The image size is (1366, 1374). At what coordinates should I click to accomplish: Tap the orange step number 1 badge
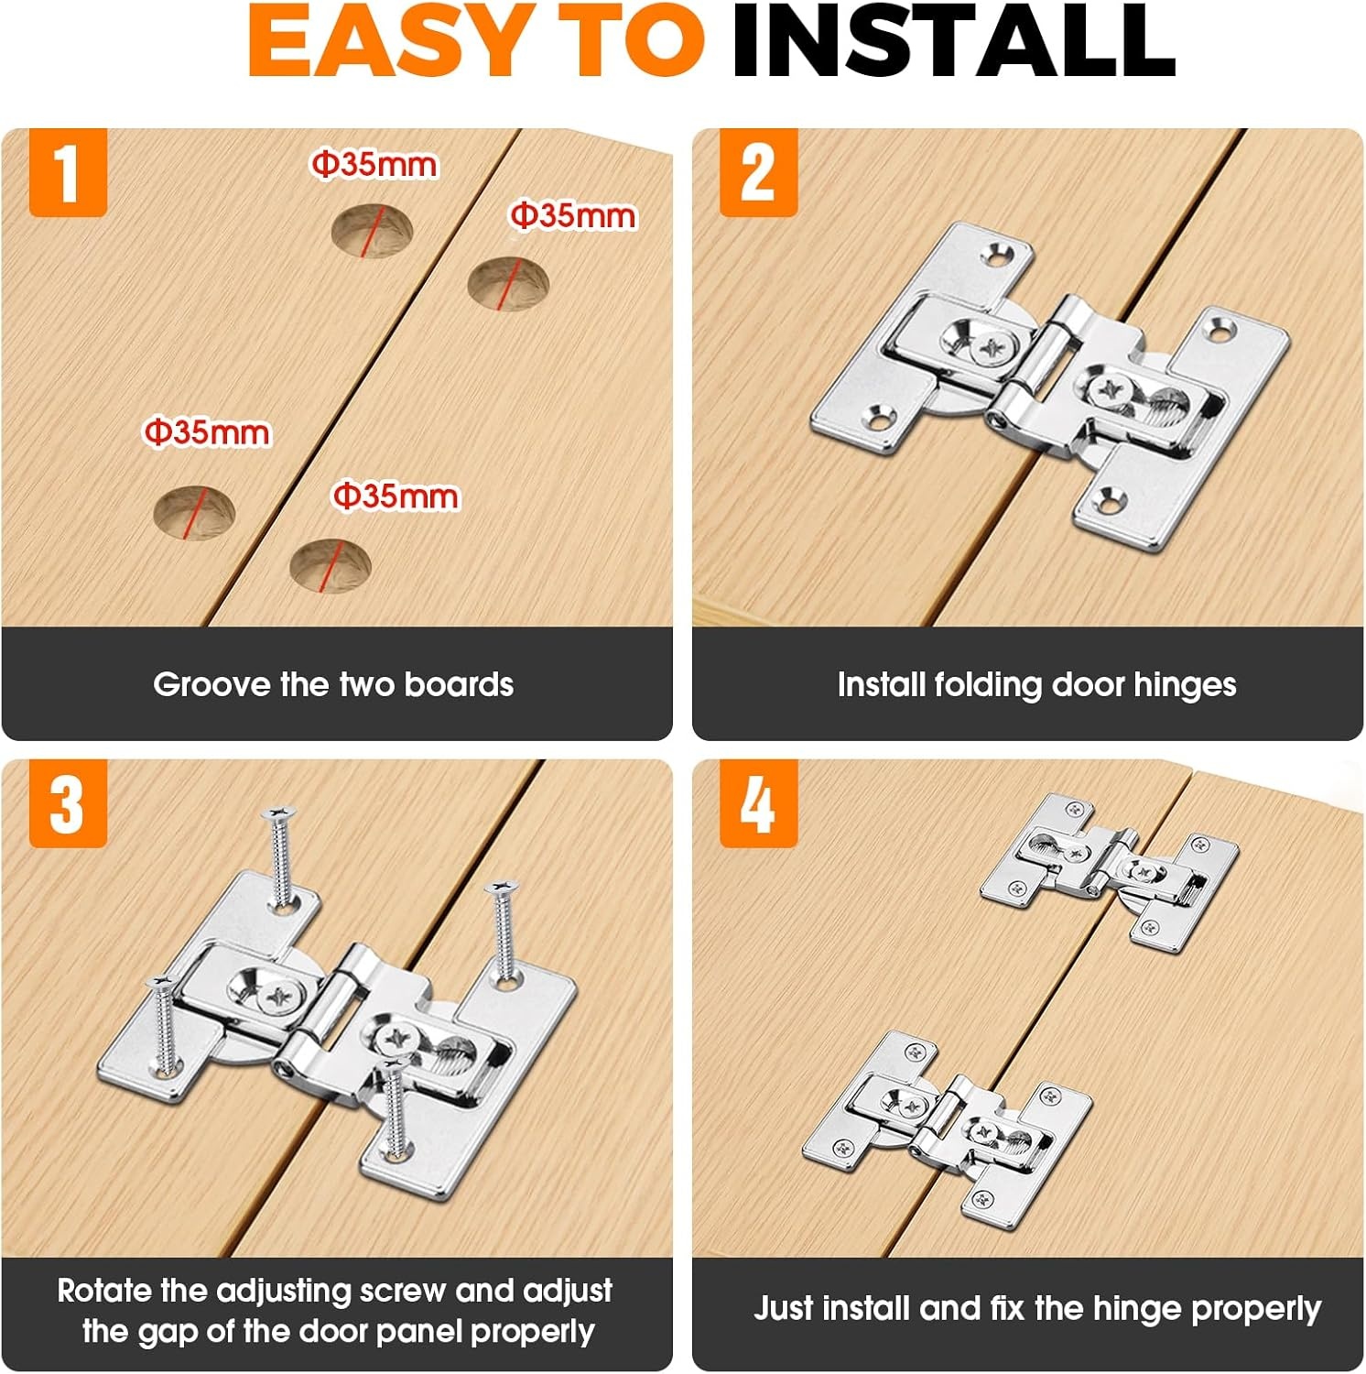[x=68, y=172]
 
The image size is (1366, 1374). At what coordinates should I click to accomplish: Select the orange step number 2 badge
[x=758, y=172]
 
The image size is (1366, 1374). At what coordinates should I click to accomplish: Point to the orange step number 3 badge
[x=68, y=803]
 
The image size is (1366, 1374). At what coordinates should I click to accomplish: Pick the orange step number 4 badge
[x=758, y=803]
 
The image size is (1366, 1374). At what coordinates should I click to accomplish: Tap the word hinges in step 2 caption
[x=1185, y=685]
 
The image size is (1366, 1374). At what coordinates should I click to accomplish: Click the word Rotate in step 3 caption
[x=103, y=1291]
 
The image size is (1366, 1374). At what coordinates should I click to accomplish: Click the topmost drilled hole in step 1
[x=372, y=231]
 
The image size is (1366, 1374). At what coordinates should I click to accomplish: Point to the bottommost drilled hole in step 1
[x=331, y=565]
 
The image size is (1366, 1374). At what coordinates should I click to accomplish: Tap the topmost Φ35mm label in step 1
[x=374, y=165]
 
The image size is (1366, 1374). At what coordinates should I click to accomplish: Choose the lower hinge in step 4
[x=948, y=1125]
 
